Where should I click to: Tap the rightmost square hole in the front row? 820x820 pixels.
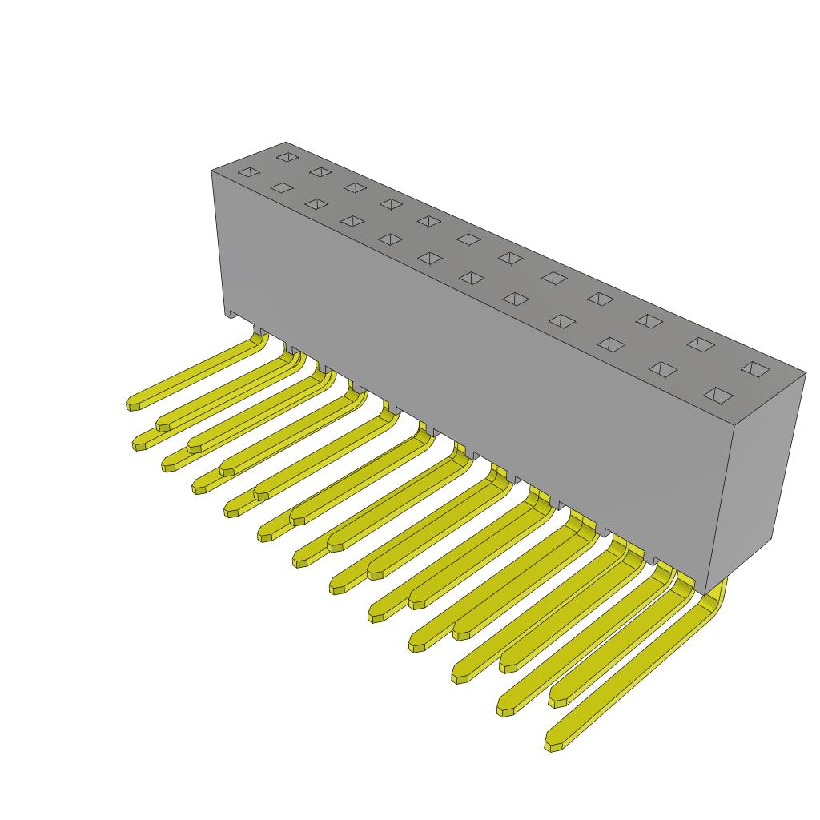(x=718, y=395)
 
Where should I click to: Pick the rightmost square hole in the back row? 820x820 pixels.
(x=755, y=369)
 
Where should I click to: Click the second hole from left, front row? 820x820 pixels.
(x=282, y=187)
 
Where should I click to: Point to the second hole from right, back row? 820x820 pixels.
(x=701, y=344)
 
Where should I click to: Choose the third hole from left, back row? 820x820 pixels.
(x=355, y=187)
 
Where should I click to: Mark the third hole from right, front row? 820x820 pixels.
(x=610, y=344)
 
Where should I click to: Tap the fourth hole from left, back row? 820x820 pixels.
(x=391, y=203)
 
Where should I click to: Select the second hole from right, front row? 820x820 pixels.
(x=662, y=369)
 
